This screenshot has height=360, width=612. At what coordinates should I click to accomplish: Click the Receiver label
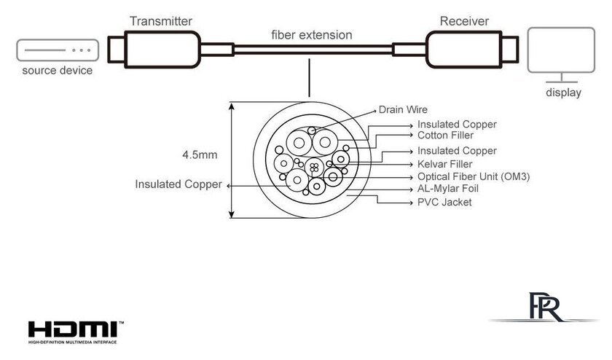464,20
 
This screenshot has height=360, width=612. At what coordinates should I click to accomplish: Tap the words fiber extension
311,35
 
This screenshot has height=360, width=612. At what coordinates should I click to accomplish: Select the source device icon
57,50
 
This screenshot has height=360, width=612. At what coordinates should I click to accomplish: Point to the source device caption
57,71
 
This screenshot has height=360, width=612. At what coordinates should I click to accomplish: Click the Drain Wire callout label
403,110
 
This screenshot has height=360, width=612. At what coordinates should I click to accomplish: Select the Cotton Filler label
445,136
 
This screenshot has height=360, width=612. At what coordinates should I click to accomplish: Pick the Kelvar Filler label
446,164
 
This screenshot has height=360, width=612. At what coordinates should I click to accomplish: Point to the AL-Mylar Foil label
448,189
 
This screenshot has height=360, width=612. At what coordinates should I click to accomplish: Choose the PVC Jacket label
444,202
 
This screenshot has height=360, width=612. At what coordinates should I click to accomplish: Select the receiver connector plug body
463,50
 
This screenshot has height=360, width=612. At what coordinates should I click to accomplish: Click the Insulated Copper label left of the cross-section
178,184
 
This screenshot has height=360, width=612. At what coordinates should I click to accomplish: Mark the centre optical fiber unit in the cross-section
313,167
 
